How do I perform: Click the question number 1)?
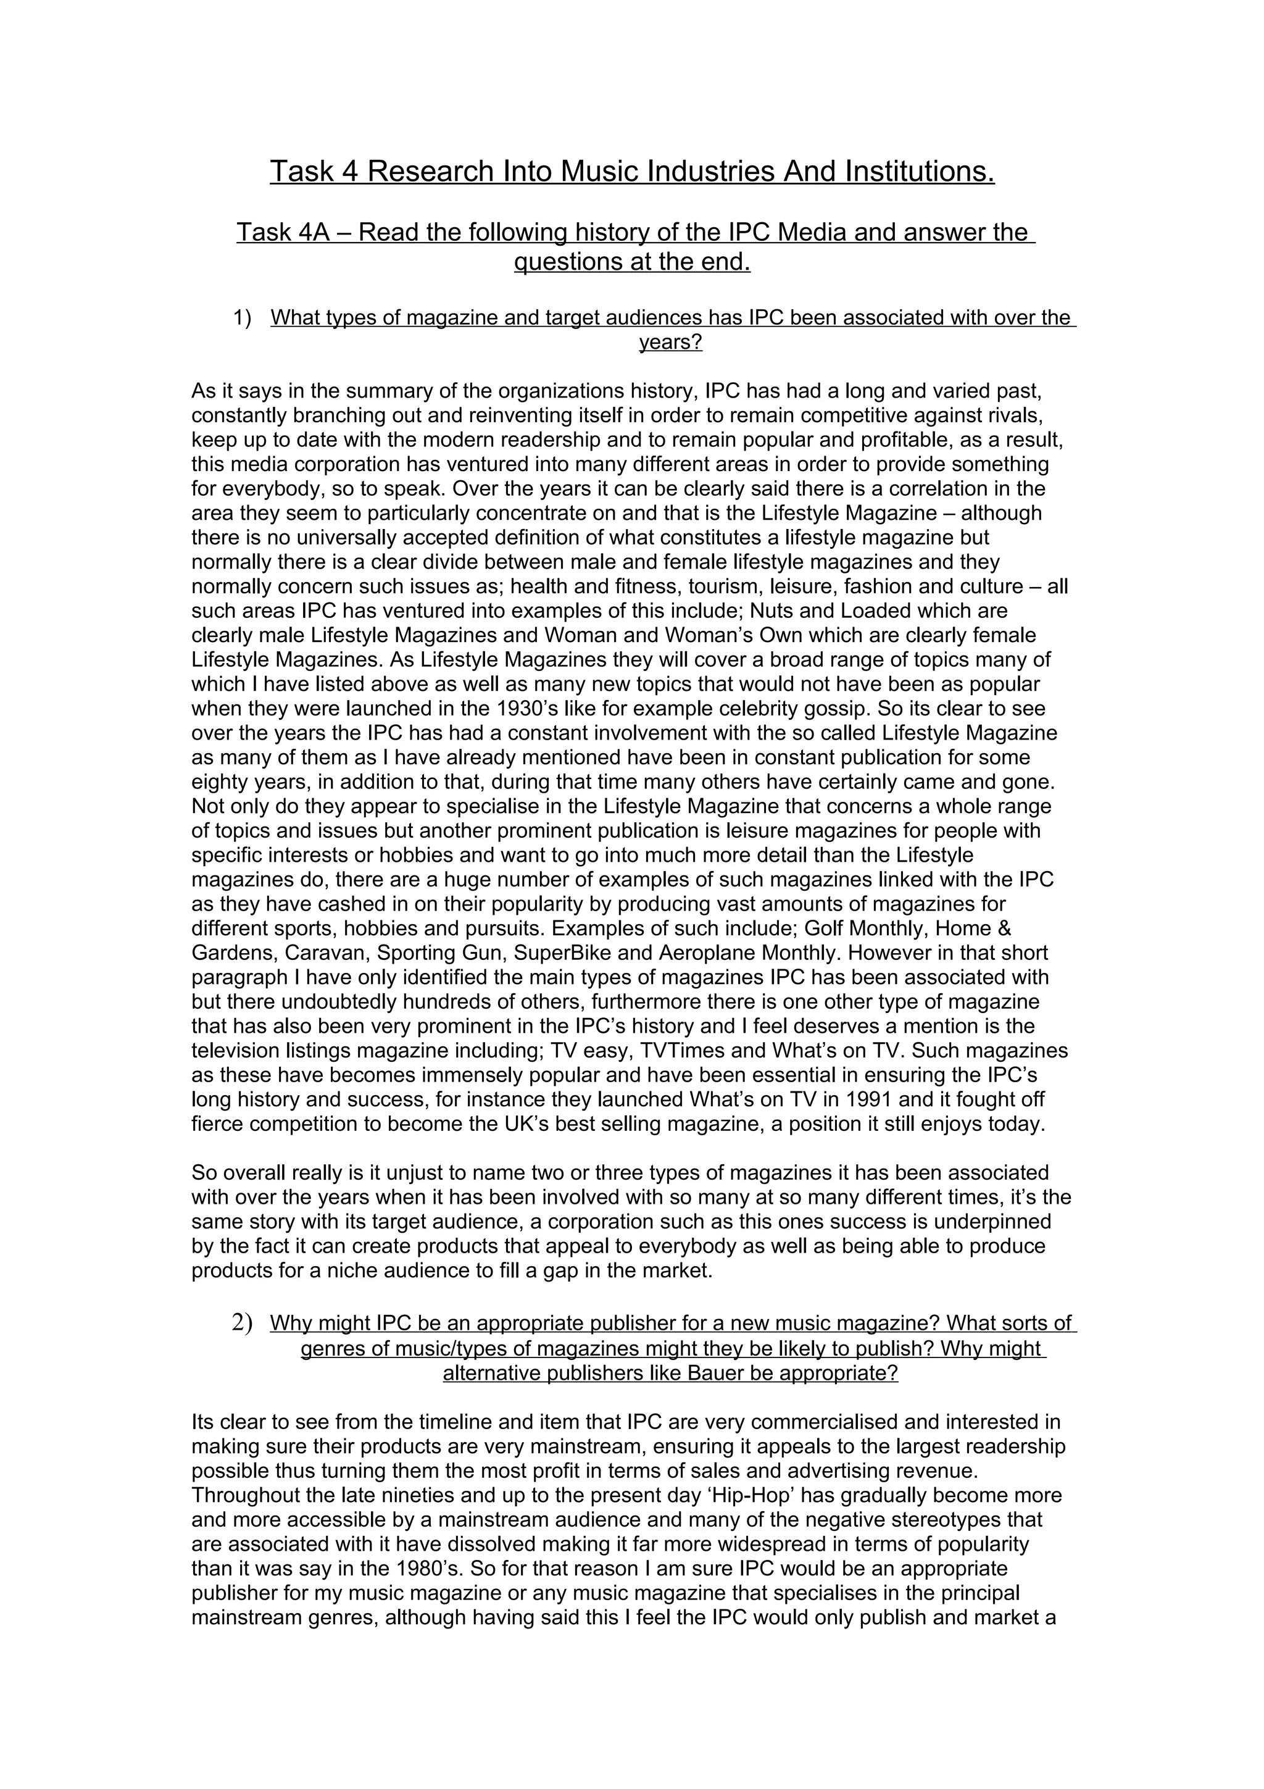(x=242, y=318)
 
